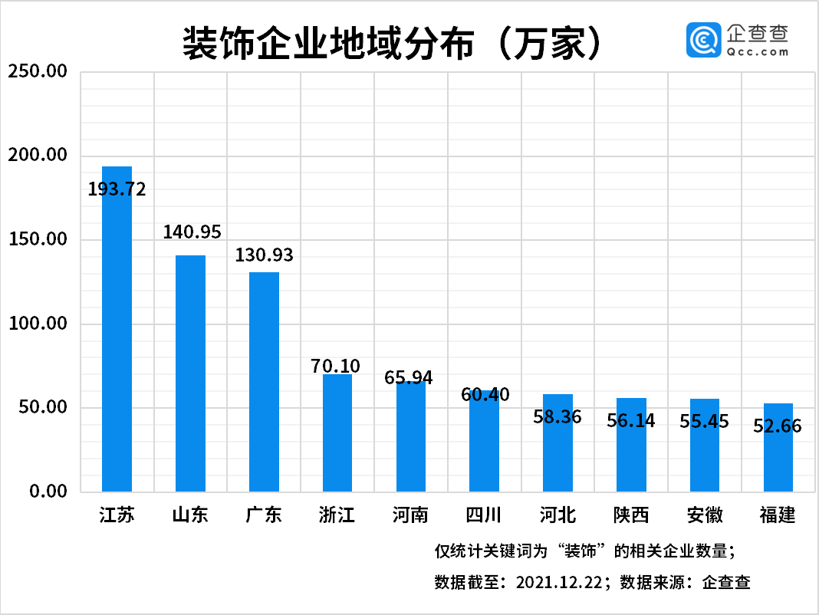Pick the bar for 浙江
click(x=337, y=433)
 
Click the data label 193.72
click(x=117, y=189)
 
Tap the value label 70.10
click(x=336, y=367)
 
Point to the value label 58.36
click(x=558, y=417)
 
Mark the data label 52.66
click(x=778, y=426)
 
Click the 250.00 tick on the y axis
click(x=38, y=73)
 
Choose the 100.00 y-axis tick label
click(x=38, y=324)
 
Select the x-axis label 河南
click(x=410, y=515)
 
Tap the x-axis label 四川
click(x=484, y=515)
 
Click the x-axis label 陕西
click(x=631, y=515)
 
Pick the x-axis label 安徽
click(x=705, y=515)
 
